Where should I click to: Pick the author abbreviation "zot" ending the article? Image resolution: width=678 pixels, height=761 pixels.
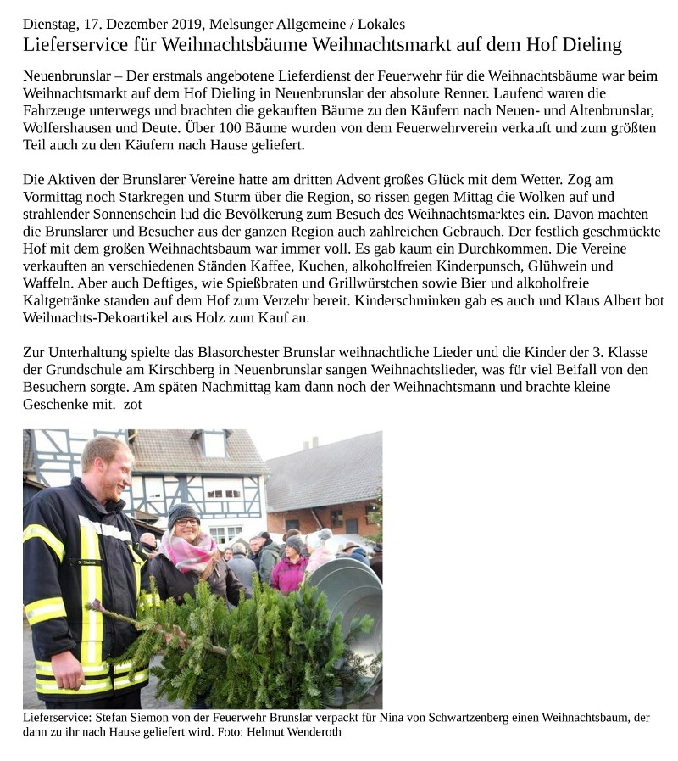tap(132, 404)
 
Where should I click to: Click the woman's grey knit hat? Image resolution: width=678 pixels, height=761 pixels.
tap(182, 512)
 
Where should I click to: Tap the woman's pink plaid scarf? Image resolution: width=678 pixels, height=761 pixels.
tap(191, 552)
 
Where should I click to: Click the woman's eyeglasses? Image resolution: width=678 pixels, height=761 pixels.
tap(186, 523)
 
